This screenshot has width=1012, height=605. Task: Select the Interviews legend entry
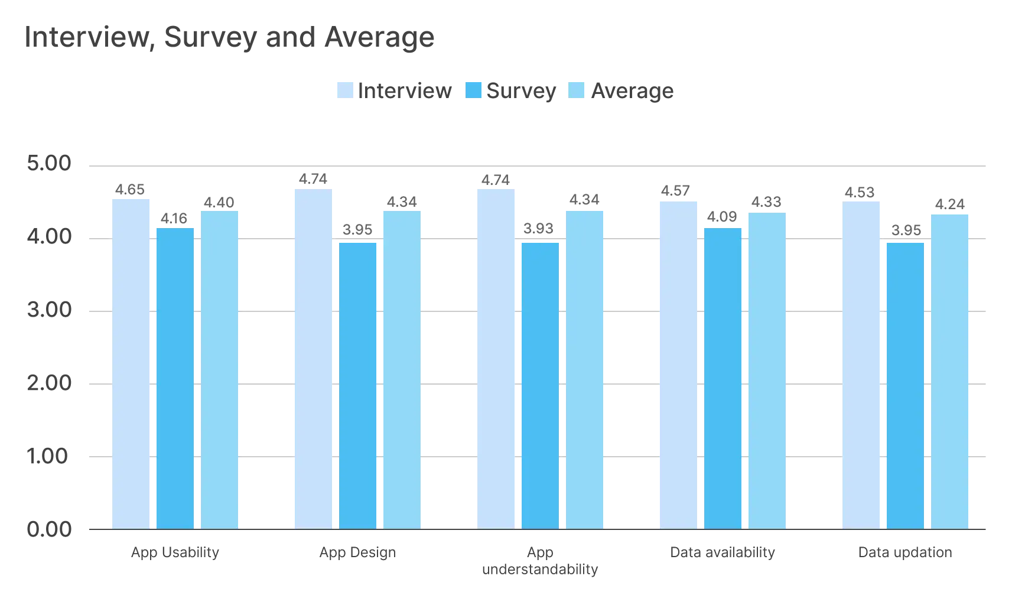pyautogui.click(x=395, y=90)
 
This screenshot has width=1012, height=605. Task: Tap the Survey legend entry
pyautogui.click(x=511, y=90)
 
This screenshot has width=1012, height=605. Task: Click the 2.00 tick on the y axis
pyautogui.click(x=49, y=385)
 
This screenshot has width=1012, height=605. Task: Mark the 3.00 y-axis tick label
pyautogui.click(x=49, y=311)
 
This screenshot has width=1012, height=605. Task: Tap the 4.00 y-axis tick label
pyautogui.click(x=49, y=239)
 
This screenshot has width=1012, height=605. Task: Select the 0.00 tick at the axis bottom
pyautogui.click(x=49, y=528)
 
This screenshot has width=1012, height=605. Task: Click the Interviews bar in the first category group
pyautogui.click(x=130, y=363)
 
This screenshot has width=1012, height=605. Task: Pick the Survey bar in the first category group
pyautogui.click(x=175, y=378)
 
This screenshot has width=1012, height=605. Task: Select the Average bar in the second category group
pyautogui.click(x=402, y=369)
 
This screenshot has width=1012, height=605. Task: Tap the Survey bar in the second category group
pyautogui.click(x=358, y=384)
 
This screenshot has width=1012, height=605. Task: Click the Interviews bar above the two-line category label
pyautogui.click(x=496, y=359)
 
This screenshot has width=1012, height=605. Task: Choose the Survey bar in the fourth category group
pyautogui.click(x=723, y=378)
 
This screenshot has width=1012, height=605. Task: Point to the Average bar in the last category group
pyautogui.click(x=950, y=371)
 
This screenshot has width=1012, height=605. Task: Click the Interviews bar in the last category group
pyautogui.click(x=862, y=363)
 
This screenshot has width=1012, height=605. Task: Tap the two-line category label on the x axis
pyautogui.click(x=541, y=561)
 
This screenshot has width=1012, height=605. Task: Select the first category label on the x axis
pyautogui.click(x=175, y=553)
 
